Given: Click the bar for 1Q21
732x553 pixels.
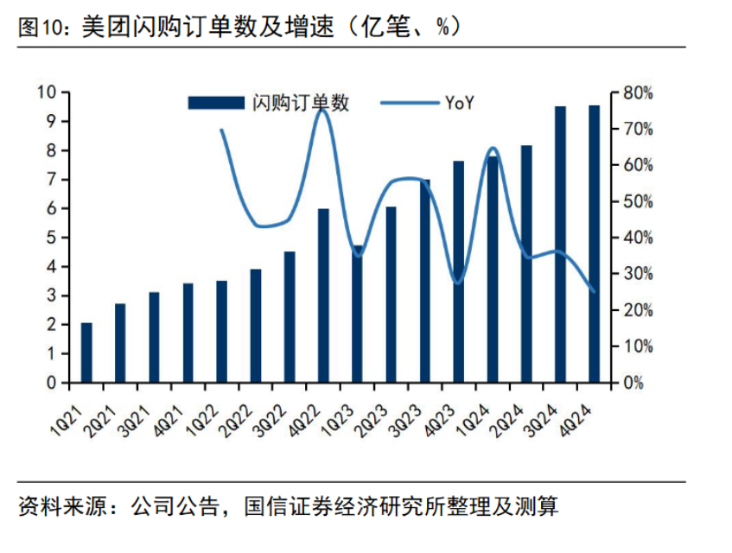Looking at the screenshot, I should click(86, 353).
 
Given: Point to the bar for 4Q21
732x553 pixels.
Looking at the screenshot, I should click(188, 333).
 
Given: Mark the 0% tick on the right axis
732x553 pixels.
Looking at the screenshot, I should click(634, 383).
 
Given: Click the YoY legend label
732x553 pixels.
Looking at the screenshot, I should click(461, 104).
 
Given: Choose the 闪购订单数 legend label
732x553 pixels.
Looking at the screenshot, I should click(301, 104).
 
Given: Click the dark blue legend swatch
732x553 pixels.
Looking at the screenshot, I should click(216, 104).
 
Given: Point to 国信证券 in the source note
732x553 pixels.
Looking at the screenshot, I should click(283, 505).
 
